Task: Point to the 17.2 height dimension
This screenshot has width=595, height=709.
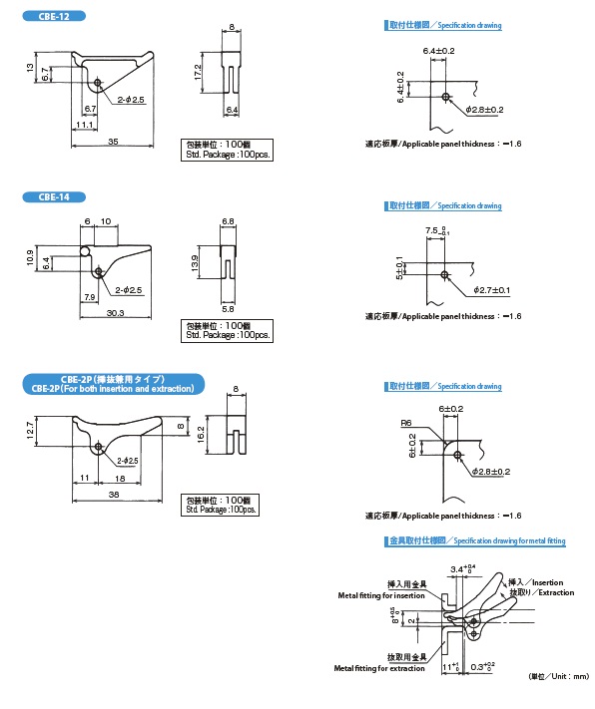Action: coord(199,71)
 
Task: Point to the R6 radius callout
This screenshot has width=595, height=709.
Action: coord(405,423)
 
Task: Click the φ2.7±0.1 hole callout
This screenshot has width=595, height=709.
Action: coord(489,290)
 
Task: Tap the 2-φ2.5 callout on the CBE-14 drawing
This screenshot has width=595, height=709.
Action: coord(128,289)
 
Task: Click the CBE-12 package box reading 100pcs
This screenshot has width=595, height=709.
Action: coord(229,151)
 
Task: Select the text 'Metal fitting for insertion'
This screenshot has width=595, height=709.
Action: coord(380,595)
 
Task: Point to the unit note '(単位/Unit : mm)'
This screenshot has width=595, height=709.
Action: coord(559,675)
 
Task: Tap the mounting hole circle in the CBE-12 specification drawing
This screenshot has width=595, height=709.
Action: coord(444,97)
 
